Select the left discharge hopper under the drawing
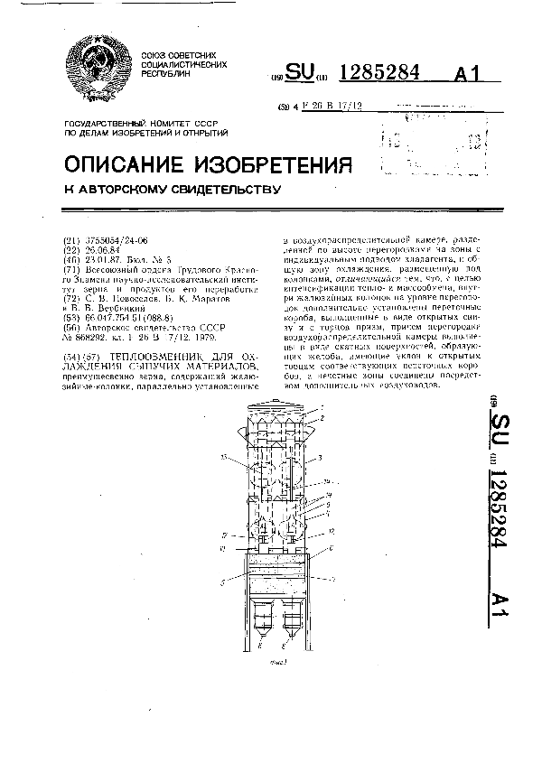(265, 620)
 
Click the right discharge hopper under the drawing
(293, 620)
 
